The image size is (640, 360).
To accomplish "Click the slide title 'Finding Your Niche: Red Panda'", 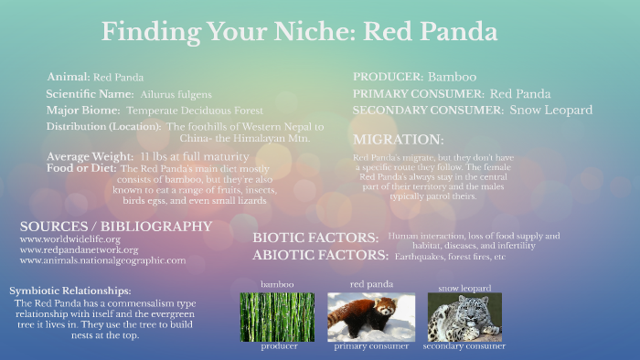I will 299,31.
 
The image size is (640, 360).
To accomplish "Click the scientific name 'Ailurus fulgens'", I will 176,94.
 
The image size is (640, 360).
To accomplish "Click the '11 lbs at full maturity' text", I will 187,156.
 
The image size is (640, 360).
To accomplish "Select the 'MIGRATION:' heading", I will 398,140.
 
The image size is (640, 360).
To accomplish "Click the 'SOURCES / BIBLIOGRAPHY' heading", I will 115,226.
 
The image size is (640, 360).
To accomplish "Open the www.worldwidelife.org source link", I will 69,239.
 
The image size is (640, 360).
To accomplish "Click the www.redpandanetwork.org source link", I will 79,249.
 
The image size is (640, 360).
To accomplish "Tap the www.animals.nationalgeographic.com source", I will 102,260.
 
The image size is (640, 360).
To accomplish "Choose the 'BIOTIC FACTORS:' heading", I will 315,238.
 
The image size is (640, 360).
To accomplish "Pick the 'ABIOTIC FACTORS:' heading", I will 320,255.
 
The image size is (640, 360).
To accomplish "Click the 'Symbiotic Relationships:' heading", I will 70,291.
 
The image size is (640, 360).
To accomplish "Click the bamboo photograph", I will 277,316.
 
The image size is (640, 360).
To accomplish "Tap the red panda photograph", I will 370,316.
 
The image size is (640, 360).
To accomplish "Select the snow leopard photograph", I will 464,316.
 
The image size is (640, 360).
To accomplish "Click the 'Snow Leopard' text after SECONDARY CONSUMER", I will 550,110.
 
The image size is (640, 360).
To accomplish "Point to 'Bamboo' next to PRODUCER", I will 452,77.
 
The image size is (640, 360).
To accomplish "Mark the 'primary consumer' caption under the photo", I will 370,347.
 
